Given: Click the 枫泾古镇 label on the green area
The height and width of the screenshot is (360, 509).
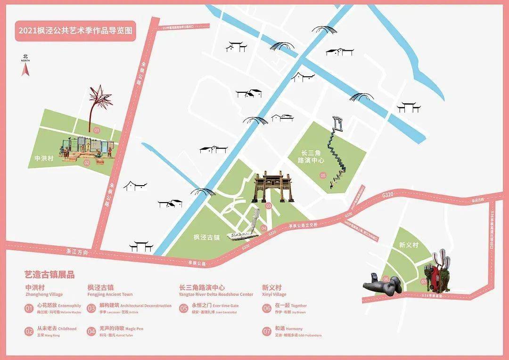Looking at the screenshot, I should (207, 237).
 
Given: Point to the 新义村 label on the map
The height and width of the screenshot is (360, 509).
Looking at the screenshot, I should (408, 245).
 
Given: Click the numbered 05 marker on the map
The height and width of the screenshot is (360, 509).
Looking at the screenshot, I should (323, 175).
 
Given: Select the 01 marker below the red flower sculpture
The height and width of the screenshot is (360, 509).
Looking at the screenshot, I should (97, 130).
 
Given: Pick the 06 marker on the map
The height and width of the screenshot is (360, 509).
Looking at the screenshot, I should (386, 279).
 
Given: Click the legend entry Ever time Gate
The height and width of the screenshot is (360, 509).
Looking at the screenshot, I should (225, 305).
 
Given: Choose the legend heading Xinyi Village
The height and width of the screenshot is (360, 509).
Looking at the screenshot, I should (273, 295).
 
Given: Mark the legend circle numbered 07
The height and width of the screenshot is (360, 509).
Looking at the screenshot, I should (267, 331).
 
